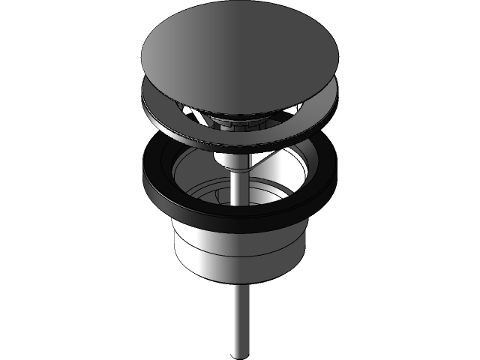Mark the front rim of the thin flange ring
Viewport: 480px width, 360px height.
(x=239, y=145)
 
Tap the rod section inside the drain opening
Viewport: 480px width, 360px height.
(x=238, y=187)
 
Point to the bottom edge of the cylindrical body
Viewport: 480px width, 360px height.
(x=239, y=286)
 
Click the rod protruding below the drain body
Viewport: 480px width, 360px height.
(x=238, y=315)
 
